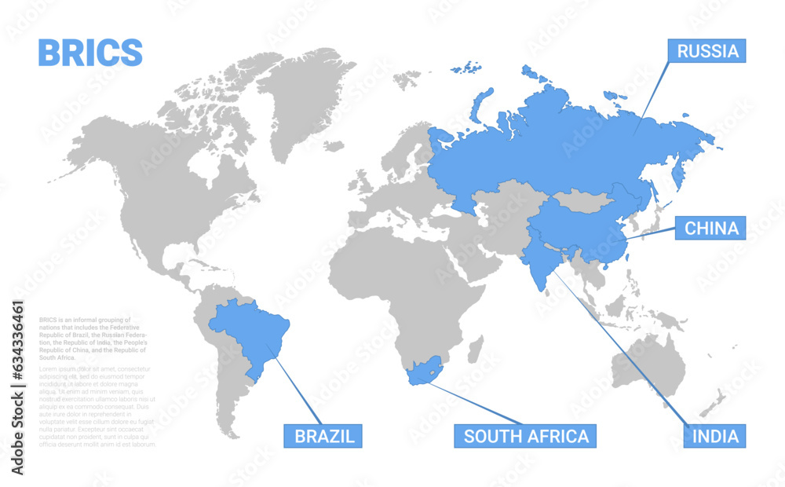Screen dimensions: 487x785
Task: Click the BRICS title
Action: pos(90,52)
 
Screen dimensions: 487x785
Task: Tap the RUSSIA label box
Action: pos(707,51)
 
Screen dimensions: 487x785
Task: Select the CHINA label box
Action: pos(711,228)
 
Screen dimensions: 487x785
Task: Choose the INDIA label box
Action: pos(714,436)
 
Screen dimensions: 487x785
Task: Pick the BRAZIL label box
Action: pos(323,436)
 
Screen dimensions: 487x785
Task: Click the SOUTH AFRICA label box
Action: pos(525,436)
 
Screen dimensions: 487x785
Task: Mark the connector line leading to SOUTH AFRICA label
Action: pos(479,405)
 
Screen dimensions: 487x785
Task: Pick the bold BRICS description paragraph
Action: pos(98,339)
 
